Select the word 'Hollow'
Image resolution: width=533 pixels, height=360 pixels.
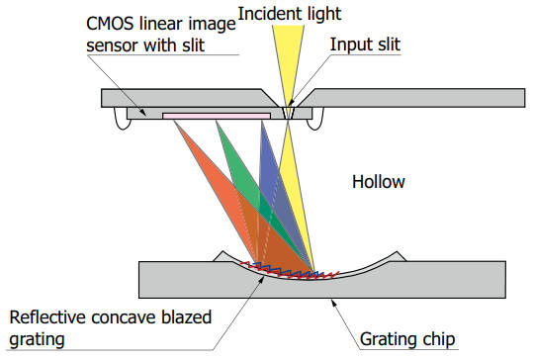pyautogui.click(x=379, y=183)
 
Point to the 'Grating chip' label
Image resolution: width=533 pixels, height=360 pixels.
pyautogui.click(x=409, y=339)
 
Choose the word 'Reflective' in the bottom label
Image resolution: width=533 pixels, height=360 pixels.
pyautogui.click(x=48, y=318)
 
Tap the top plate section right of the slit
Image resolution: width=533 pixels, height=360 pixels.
pyautogui.click(x=415, y=96)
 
